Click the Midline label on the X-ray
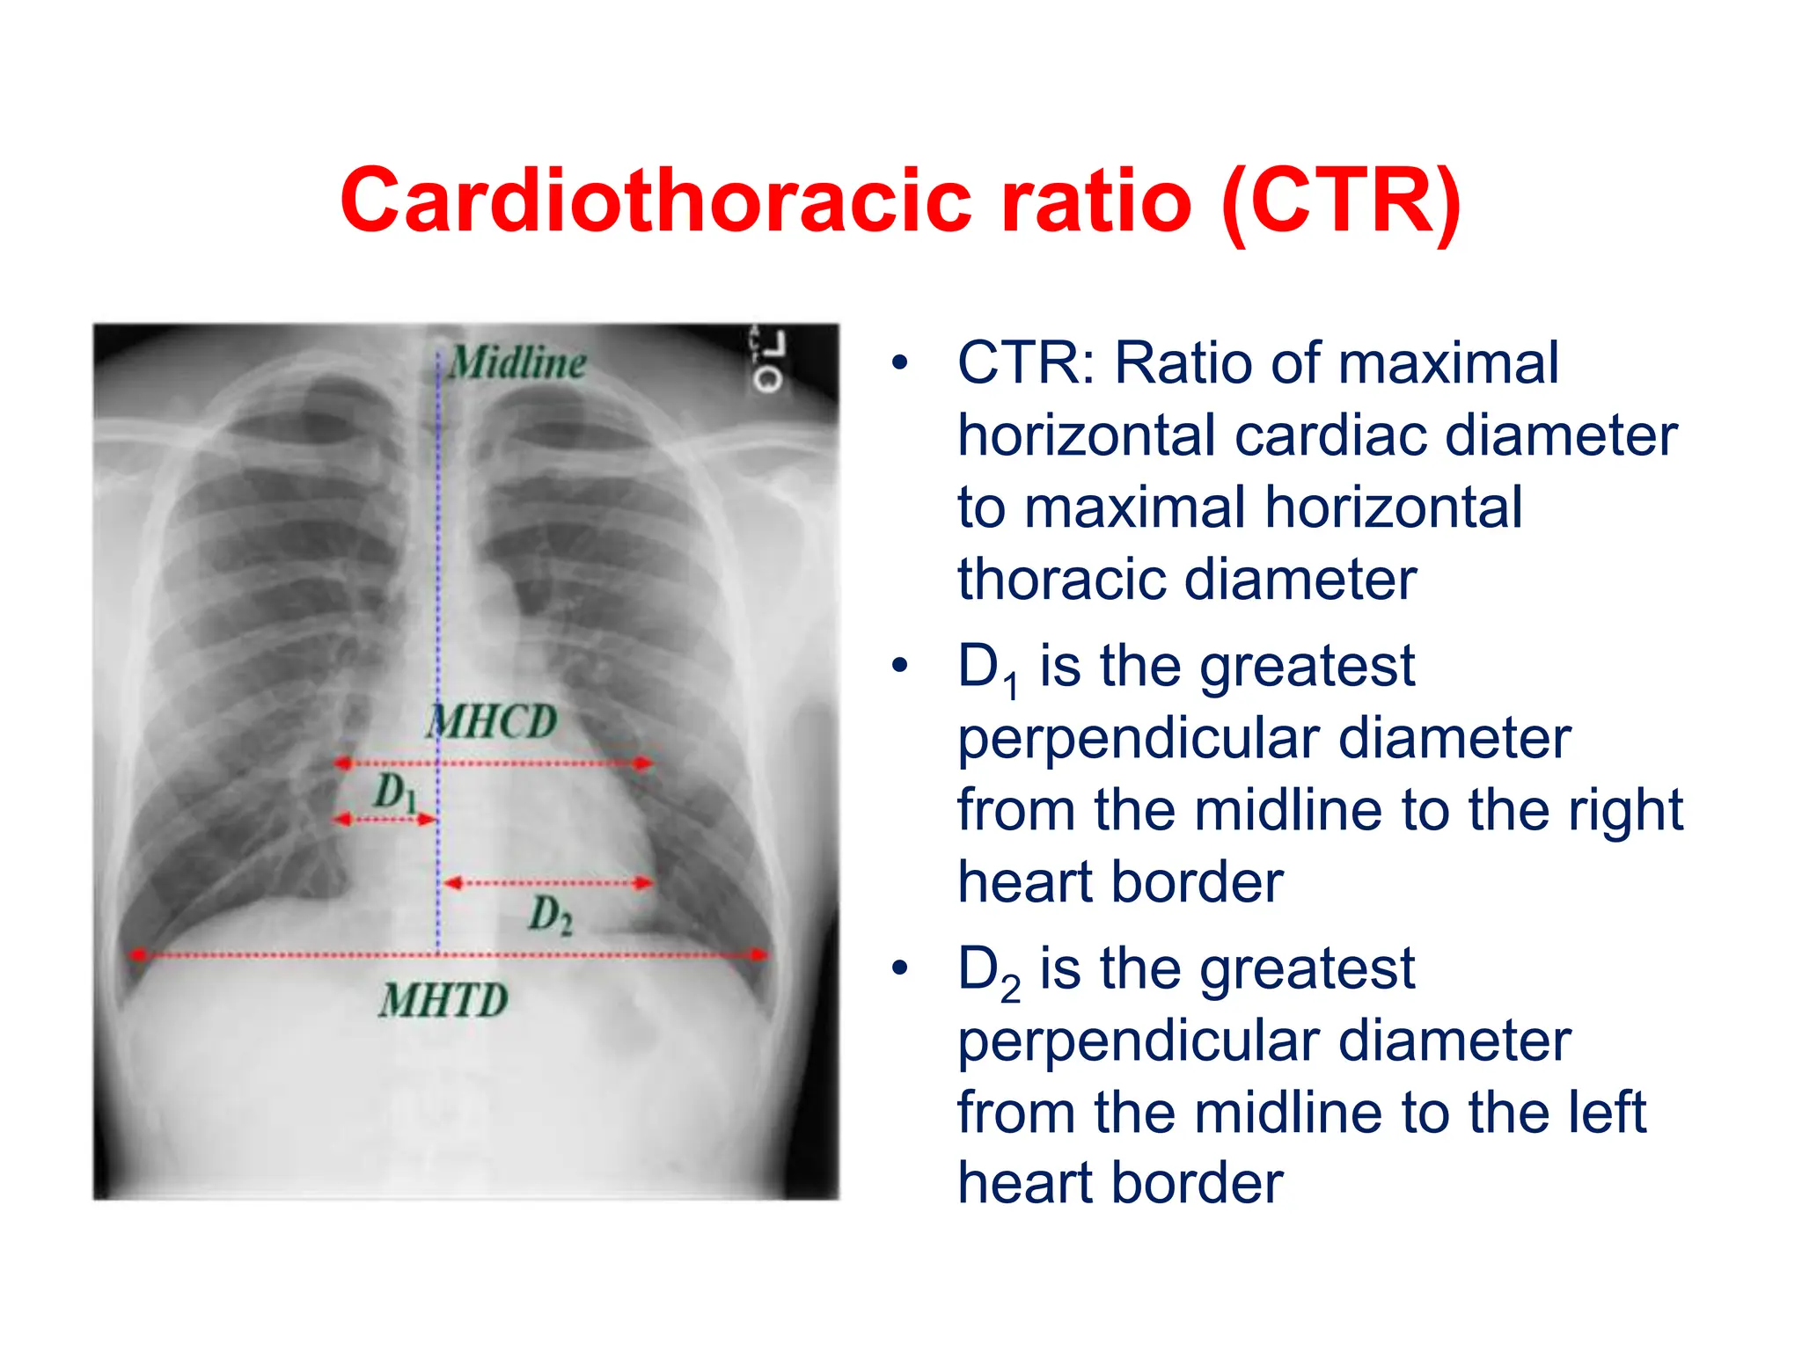(517, 362)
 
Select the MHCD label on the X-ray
(493, 722)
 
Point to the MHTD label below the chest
(444, 1001)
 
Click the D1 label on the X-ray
(395, 792)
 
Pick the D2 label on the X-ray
(551, 915)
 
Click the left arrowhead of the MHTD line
(137, 954)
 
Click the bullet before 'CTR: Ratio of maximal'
(898, 363)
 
